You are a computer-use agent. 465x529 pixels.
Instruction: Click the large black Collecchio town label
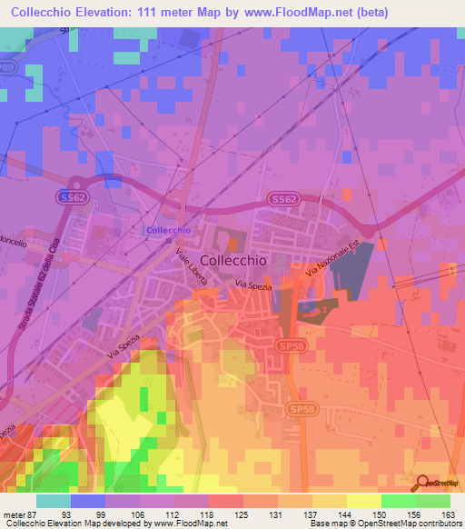coord(232,260)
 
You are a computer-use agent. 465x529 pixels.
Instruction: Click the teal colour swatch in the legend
coord(54,501)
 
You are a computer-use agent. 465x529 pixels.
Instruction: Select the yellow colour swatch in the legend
coord(363,501)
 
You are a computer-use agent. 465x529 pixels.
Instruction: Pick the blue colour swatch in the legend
coord(88,501)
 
